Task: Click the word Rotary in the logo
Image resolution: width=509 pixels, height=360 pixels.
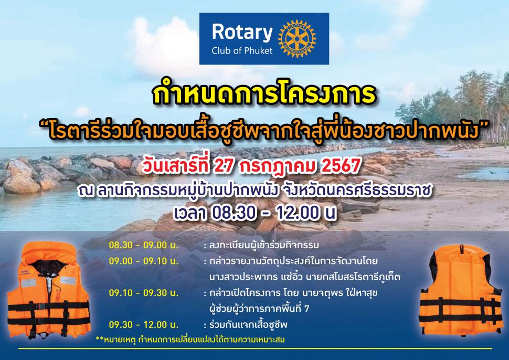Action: pos(242,33)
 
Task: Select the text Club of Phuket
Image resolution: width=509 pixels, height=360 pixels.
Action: pos(242,50)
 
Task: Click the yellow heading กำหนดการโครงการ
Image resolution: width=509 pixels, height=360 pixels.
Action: pos(264,94)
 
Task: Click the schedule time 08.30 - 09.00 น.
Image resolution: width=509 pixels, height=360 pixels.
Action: pos(143,245)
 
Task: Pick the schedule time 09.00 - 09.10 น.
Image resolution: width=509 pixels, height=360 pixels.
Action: pos(143,261)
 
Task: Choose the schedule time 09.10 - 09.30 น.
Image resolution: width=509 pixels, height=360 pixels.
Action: pos(143,293)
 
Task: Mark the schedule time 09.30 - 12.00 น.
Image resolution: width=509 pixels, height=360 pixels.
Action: pos(143,325)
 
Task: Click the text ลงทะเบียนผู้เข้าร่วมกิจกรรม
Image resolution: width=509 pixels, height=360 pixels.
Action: pos(264,245)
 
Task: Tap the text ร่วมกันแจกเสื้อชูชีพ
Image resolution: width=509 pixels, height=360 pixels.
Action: pos(248,325)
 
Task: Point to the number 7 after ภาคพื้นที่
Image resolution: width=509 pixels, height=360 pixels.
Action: pos(306,309)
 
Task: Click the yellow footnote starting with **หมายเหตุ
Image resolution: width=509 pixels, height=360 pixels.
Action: pos(190,340)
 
